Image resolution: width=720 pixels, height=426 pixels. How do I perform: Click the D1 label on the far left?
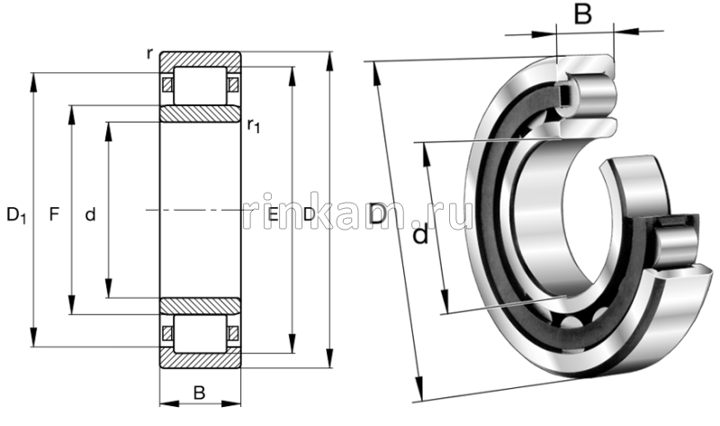[16, 215]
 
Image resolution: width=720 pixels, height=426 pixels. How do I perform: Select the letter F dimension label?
[54, 215]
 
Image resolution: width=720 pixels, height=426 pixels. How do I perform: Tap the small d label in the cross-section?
[89, 215]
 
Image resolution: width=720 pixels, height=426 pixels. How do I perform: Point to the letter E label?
[273, 215]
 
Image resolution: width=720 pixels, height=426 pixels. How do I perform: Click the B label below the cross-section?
[200, 393]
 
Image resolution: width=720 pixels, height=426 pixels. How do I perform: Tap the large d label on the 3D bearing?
[419, 236]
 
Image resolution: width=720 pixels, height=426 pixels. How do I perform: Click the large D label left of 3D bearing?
[378, 215]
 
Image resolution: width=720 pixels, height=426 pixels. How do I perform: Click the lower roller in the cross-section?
[200, 332]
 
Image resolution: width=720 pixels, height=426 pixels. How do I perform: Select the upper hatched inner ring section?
[200, 114]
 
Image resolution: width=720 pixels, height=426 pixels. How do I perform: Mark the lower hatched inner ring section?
[200, 305]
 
